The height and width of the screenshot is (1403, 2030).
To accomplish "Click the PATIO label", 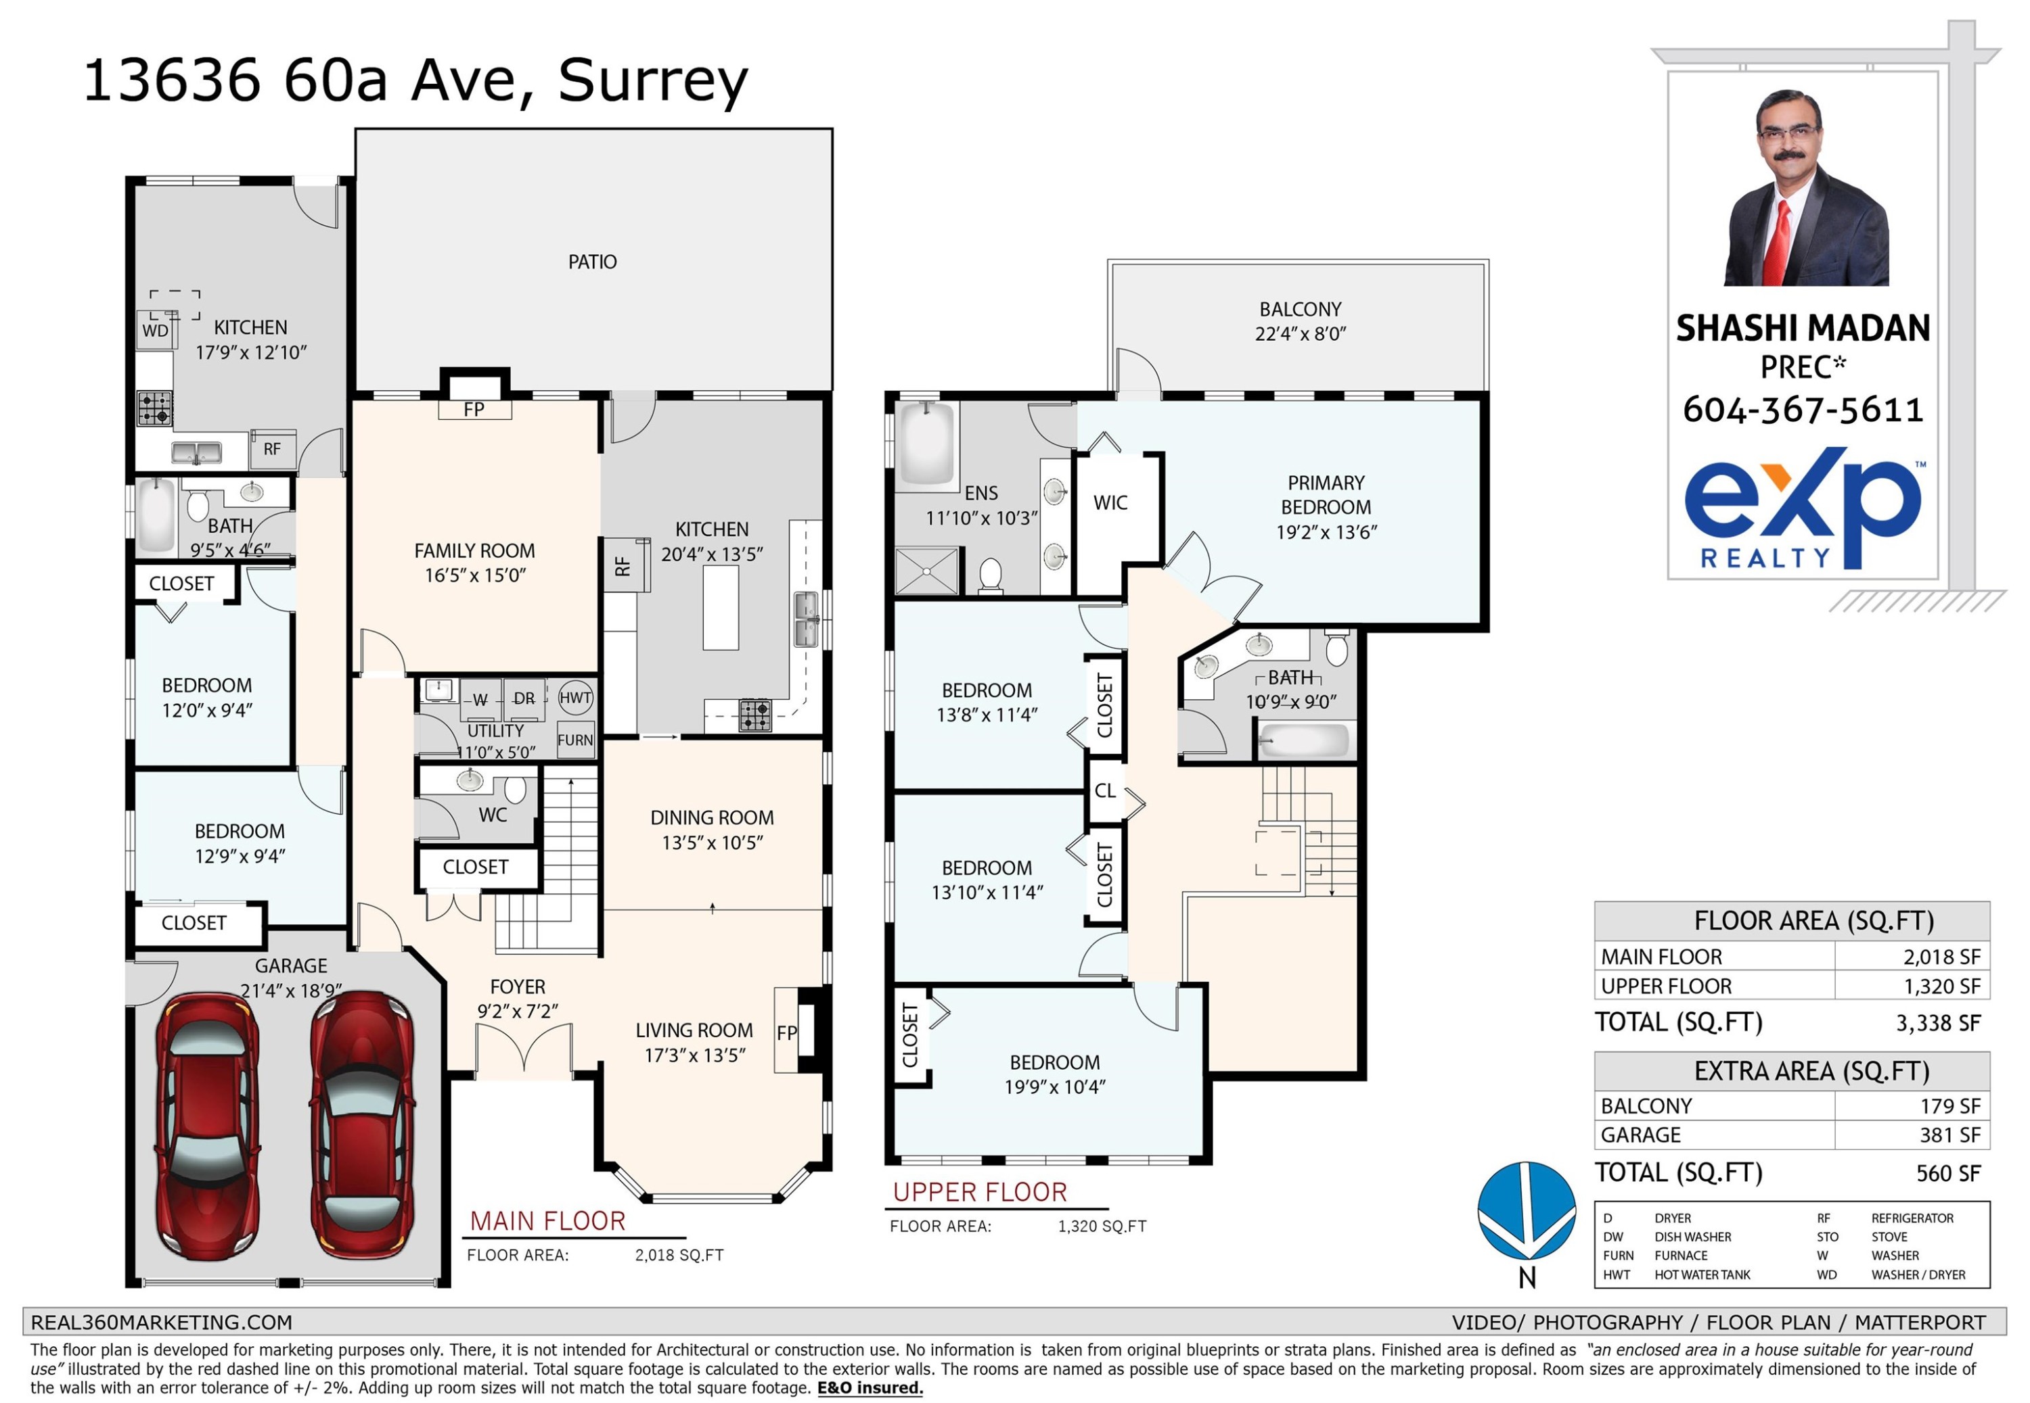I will [592, 262].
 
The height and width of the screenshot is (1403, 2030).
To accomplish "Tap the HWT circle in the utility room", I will [575, 698].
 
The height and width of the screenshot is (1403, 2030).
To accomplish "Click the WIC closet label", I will [1110, 503].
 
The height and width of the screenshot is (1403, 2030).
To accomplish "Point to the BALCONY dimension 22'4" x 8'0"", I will [1300, 334].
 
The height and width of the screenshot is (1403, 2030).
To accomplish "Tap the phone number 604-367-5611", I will [1802, 410].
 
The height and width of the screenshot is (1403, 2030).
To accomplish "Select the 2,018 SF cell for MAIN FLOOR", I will [1941, 957].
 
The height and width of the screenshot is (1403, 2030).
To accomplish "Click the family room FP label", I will [474, 410].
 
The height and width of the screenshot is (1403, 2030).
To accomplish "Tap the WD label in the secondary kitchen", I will [155, 331].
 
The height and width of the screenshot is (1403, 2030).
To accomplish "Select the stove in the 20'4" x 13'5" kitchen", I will [754, 715].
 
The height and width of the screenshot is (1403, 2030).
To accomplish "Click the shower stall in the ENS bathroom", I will [926, 571].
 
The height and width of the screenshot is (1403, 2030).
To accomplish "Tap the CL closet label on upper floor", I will [1105, 791].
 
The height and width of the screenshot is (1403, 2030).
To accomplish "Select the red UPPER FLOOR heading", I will [979, 1192].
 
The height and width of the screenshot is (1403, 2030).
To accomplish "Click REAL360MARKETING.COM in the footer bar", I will [161, 1322].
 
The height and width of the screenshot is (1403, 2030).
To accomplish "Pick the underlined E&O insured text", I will [870, 1388].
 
